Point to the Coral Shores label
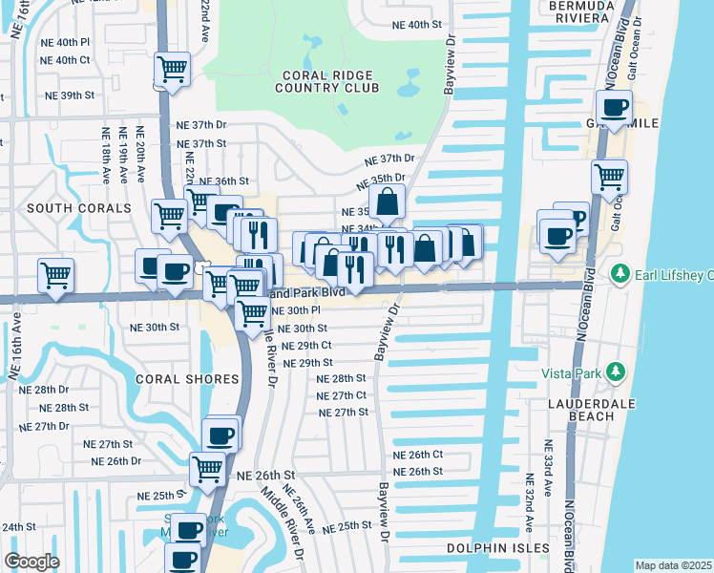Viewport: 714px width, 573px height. [186, 379]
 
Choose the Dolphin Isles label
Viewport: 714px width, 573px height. [498, 548]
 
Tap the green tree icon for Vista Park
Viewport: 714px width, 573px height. [617, 371]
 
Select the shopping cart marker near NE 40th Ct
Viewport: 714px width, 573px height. [172, 69]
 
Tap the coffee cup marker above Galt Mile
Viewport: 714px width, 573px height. [614, 107]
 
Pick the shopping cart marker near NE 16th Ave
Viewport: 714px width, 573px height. [55, 276]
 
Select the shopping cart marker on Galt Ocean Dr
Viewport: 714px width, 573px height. [609, 177]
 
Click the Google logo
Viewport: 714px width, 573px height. [31, 562]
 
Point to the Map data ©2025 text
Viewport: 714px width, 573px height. [673, 565]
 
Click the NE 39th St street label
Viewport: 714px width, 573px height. [70, 95]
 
